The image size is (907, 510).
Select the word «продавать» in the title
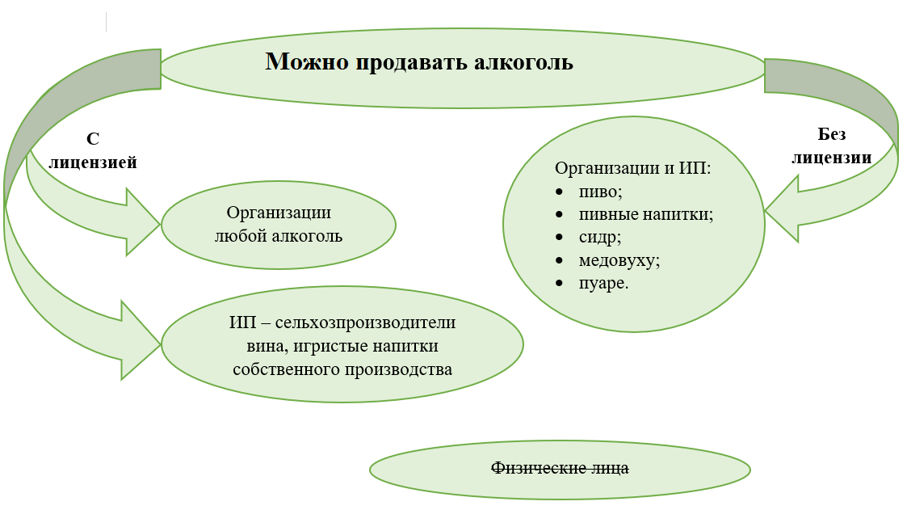click(411, 62)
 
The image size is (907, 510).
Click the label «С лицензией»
click(93, 151)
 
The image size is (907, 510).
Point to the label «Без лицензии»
click(831, 145)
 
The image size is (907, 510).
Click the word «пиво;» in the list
click(600, 192)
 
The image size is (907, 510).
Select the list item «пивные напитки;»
click(645, 215)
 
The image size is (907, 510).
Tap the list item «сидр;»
click(600, 238)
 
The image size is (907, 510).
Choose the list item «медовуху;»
click(619, 261)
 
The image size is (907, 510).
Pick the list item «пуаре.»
click(603, 285)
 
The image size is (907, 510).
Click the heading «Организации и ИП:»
click(632, 169)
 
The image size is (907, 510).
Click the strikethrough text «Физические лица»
click(560, 468)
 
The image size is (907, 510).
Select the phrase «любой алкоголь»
click(279, 236)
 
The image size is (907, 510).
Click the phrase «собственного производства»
click(342, 369)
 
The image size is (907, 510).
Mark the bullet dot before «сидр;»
click(560, 238)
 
